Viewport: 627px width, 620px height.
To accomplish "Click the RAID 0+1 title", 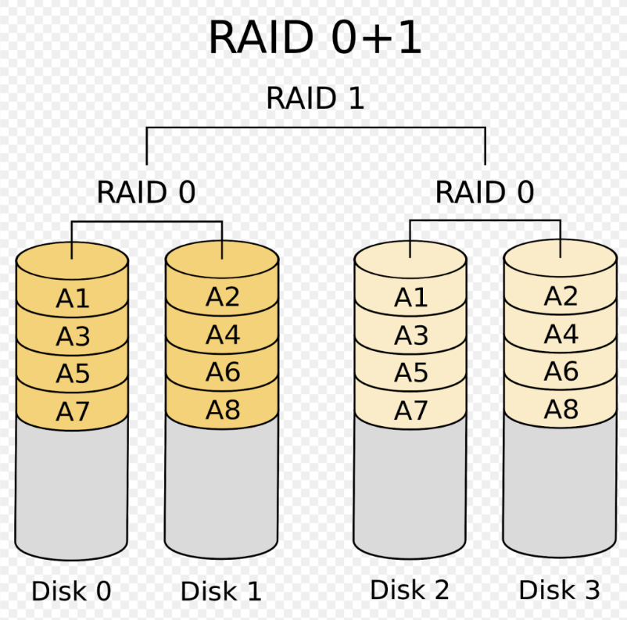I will (x=315, y=38).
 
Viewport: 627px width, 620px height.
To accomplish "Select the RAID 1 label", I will (x=315, y=99).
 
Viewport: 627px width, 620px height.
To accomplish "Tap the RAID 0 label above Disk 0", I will (x=145, y=192).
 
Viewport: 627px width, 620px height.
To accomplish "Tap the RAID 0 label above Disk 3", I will (x=484, y=192).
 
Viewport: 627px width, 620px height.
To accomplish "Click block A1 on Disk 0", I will (x=73, y=299).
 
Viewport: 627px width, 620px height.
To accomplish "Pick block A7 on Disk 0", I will (x=73, y=411).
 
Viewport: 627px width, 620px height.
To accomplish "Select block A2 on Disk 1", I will (x=223, y=297).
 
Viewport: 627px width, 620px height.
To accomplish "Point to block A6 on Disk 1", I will (x=223, y=372).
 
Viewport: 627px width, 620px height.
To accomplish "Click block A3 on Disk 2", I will (x=410, y=335).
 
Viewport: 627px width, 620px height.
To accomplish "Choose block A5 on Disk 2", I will (x=410, y=373).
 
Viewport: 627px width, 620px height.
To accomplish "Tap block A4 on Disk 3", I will (x=561, y=334).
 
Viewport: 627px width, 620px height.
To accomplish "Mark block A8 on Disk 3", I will (x=561, y=409).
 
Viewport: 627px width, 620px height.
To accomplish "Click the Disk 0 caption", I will (x=71, y=591).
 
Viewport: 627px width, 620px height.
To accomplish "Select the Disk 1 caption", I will (x=221, y=591).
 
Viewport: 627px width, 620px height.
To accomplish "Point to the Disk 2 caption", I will (x=410, y=590).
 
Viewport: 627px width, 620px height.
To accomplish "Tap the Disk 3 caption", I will (x=559, y=590).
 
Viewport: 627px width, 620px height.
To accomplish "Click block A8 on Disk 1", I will (x=223, y=410).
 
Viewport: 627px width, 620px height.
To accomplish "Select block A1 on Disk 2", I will (x=410, y=298).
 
